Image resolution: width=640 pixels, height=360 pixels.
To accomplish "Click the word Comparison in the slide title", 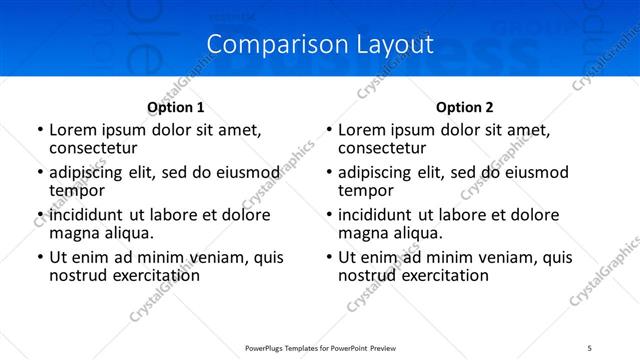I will point(265,45).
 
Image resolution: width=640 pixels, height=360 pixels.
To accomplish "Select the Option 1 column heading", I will point(175,107).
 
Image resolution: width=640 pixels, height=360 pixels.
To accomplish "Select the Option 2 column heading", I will point(465,107).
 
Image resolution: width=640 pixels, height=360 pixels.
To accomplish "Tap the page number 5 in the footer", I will point(589,348).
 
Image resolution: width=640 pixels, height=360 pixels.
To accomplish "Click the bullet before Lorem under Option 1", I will point(39,131).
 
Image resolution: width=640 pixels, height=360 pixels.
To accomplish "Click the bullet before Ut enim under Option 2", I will point(328,258).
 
